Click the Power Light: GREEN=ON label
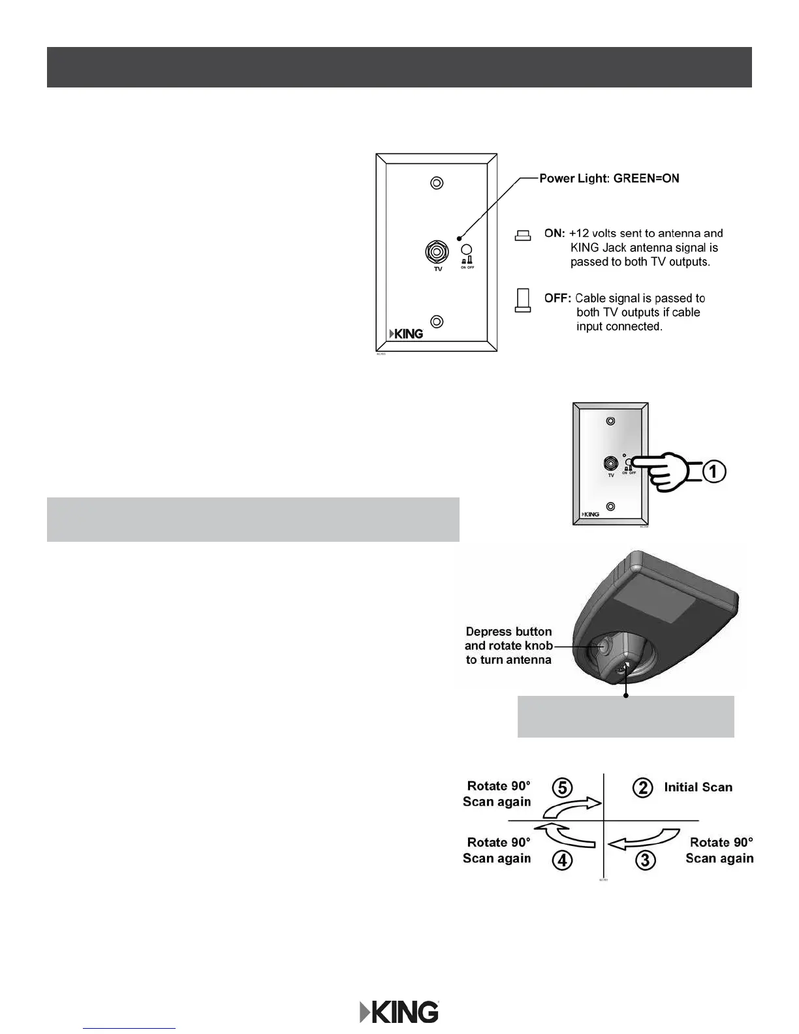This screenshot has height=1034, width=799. [608, 178]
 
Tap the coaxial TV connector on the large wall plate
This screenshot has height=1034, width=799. [437, 251]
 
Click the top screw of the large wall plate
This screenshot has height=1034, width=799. [437, 183]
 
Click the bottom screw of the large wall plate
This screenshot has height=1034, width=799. [437, 321]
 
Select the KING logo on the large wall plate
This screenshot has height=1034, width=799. [406, 334]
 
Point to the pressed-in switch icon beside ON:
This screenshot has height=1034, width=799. [522, 236]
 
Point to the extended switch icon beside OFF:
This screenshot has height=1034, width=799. [522, 300]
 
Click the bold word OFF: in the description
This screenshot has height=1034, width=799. [557, 298]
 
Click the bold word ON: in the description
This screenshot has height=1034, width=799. [554, 233]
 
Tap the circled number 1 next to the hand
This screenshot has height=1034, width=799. [714, 471]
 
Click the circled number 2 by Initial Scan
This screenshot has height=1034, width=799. [642, 788]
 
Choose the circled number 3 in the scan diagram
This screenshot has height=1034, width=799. [645, 860]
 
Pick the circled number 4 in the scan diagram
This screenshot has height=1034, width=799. [562, 860]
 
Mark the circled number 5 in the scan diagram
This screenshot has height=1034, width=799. [562, 787]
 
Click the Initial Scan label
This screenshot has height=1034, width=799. [698, 787]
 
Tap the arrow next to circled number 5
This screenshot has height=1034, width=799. [572, 807]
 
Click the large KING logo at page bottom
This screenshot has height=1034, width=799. [399, 1012]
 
